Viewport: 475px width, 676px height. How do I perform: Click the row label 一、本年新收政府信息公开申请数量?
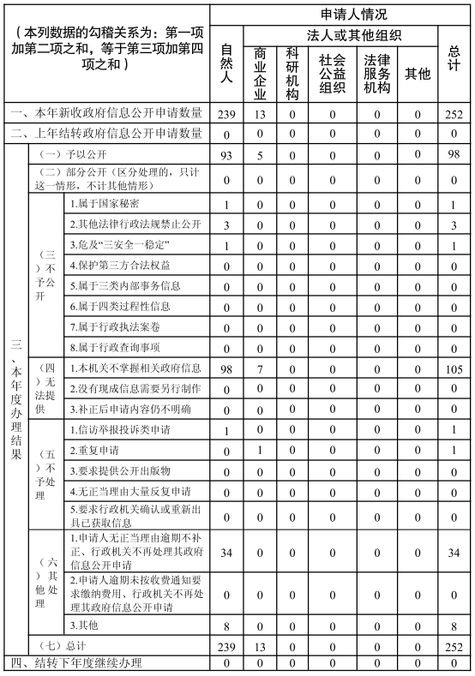pyautogui.click(x=106, y=113)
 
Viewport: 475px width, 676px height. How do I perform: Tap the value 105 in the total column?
pyautogui.click(x=454, y=368)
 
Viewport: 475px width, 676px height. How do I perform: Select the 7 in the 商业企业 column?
pyautogui.click(x=260, y=368)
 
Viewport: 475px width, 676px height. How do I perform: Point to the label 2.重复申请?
pyautogui.click(x=94, y=450)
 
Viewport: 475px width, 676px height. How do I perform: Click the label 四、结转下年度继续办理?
pyautogui.click(x=75, y=665)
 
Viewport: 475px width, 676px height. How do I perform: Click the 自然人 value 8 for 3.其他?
pyautogui.click(x=225, y=626)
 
